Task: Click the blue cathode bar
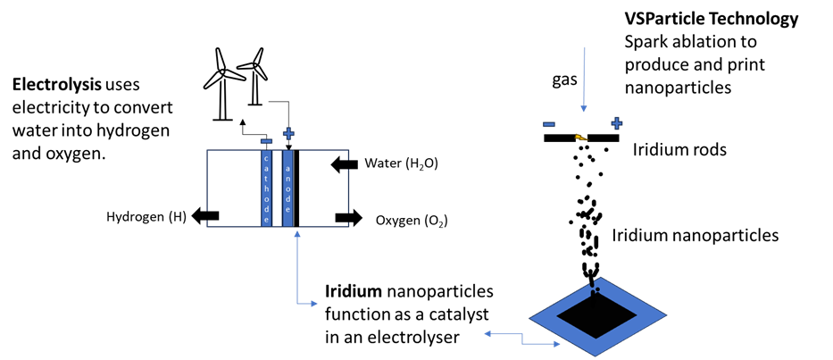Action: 266,188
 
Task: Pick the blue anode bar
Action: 287,188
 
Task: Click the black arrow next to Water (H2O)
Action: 344,165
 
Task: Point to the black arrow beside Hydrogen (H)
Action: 204,215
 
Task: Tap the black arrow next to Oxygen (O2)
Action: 348,217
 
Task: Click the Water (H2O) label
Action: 401,163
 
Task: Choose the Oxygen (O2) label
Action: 412,220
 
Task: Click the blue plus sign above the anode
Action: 288,133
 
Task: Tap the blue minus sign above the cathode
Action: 267,141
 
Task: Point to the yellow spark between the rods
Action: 580,138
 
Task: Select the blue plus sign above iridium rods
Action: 616,124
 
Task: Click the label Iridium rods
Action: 679,149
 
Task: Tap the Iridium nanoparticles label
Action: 696,235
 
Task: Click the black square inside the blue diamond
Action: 596,316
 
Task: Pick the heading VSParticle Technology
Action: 712,20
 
